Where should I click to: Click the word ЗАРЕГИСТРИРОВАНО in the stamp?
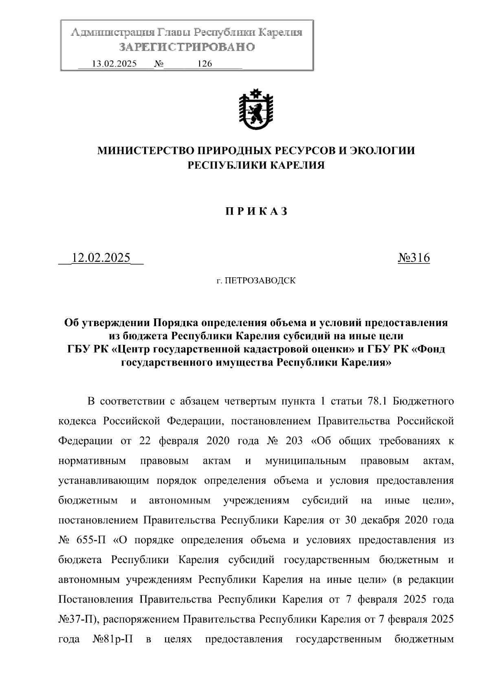click(x=187, y=47)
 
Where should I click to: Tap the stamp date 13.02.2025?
click(x=115, y=64)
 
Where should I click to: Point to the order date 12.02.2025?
click(x=101, y=258)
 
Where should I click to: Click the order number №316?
click(x=413, y=258)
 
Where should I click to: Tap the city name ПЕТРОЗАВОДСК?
click(x=261, y=281)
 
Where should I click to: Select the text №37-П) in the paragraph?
click(x=77, y=620)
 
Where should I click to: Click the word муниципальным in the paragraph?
click(x=305, y=461)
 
